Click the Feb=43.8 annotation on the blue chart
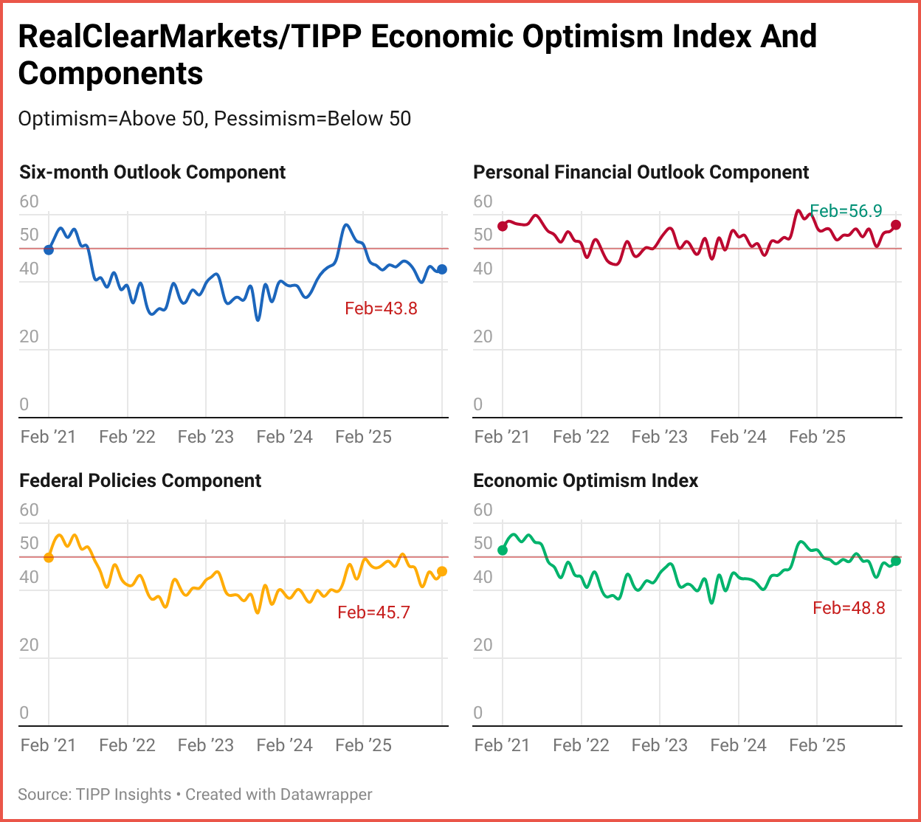[x=381, y=308]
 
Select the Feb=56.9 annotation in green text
[x=846, y=211]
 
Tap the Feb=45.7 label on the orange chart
[x=373, y=612]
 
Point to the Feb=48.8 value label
[x=849, y=608]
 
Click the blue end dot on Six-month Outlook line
[x=442, y=269]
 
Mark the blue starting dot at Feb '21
[x=49, y=249]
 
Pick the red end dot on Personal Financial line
[x=896, y=225]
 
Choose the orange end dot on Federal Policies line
[x=442, y=571]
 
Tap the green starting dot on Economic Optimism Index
[x=503, y=550]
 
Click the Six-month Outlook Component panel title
[x=152, y=173]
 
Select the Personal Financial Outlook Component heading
[x=641, y=173]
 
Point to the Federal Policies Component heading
[x=140, y=481]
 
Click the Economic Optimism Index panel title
[x=585, y=481]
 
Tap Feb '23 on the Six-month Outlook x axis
[x=206, y=438]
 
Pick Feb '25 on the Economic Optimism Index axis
[x=817, y=746]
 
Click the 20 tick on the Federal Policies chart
[x=29, y=645]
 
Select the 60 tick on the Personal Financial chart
[x=483, y=201]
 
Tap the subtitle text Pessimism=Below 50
[x=312, y=119]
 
